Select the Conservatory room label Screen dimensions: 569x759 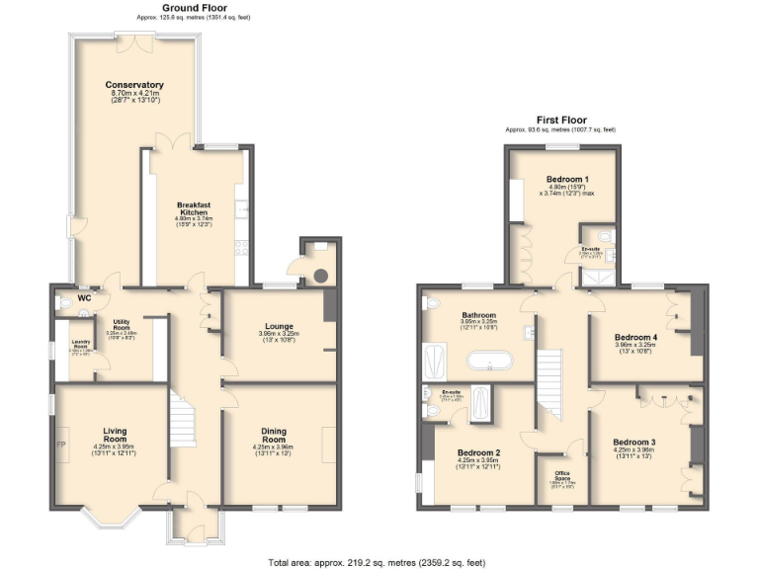(133, 85)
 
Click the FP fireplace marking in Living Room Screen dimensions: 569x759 (62, 444)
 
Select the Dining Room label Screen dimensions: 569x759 (274, 435)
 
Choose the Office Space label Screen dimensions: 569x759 (560, 479)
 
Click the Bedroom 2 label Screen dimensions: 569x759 (478, 452)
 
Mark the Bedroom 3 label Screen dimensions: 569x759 (632, 442)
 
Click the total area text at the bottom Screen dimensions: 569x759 (377, 561)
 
